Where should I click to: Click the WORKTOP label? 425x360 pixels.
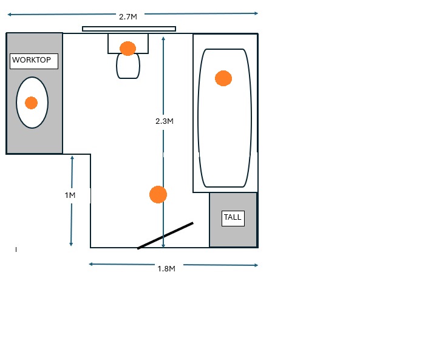pos(32,60)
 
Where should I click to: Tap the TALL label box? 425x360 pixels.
pos(233,218)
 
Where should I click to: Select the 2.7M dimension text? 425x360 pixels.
pos(128,17)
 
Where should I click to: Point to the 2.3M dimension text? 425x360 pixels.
pos(165,121)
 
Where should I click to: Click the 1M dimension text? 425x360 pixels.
pos(70,195)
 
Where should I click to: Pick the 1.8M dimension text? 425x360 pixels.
pos(166,269)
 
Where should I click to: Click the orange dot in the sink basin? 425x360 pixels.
pos(31,103)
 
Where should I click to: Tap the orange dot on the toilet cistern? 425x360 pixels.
pos(127,49)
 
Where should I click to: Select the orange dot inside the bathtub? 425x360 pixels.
pos(223,78)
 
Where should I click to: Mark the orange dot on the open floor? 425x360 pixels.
pos(158,194)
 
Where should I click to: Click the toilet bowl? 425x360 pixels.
pos(128,66)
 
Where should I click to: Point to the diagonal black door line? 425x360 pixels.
pos(165,236)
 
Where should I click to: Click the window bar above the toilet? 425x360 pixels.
pos(129,29)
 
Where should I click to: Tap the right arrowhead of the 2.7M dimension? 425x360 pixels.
pos(256,13)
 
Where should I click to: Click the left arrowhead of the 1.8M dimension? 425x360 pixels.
pos(91,264)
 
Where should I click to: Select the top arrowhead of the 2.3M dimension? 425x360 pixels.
pos(163,39)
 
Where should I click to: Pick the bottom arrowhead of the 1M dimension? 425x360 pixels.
pos(71,244)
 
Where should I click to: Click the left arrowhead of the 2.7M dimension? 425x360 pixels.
pos(10,15)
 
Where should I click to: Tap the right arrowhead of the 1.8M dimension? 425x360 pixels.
pos(256,265)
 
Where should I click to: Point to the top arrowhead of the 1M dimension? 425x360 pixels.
pos(72,158)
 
